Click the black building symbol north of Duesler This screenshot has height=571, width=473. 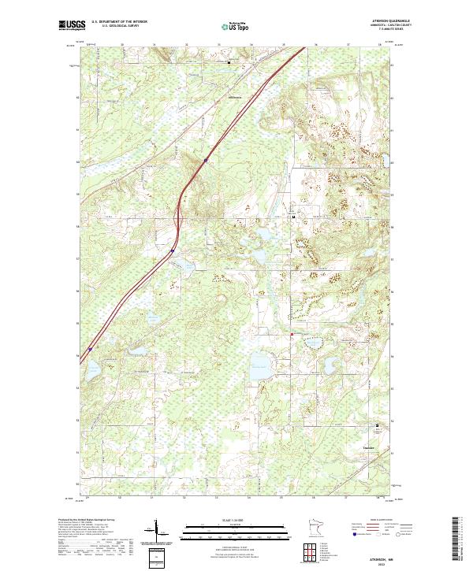point(377,427)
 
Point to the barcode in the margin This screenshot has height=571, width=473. point(456,539)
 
